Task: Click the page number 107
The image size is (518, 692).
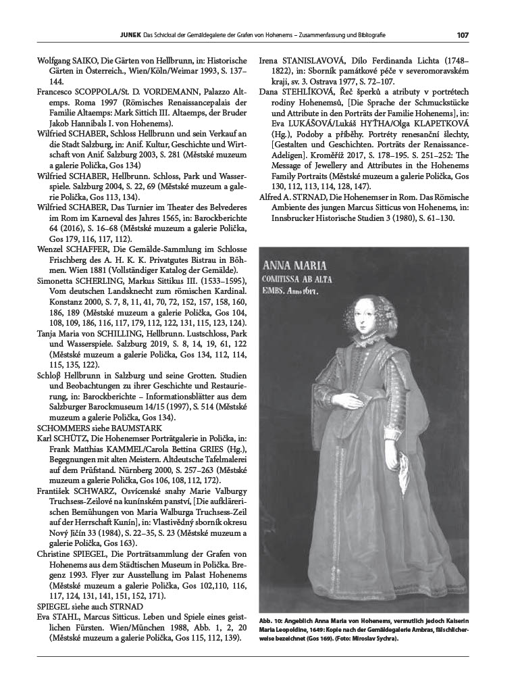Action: click(463, 35)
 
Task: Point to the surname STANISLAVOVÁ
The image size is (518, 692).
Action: click(315, 61)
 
